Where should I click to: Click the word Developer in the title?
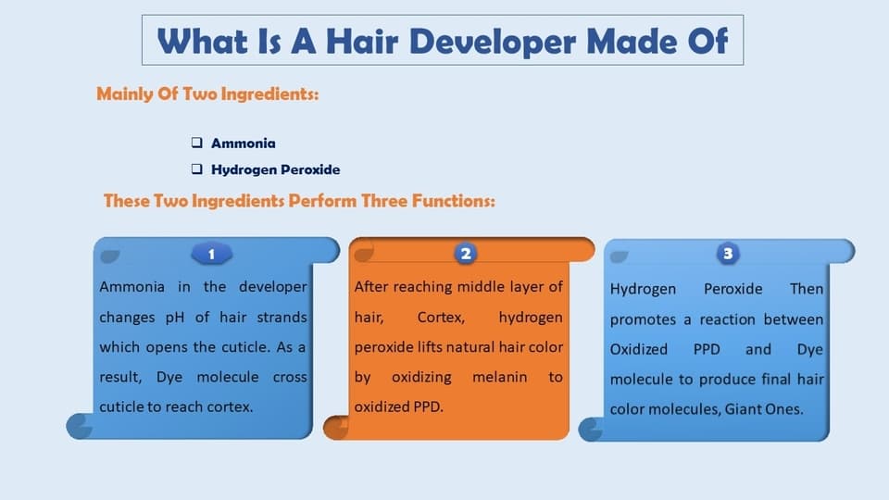pyautogui.click(x=491, y=42)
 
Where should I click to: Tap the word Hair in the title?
pyautogui.click(x=361, y=42)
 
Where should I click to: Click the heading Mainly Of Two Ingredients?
pyautogui.click(x=207, y=94)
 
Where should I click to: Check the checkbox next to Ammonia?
pyautogui.click(x=196, y=143)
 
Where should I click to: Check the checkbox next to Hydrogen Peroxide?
pyautogui.click(x=196, y=169)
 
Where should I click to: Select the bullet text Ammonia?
pyautogui.click(x=244, y=143)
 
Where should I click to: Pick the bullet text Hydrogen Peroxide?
pyautogui.click(x=276, y=169)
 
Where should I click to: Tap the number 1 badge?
pyautogui.click(x=211, y=254)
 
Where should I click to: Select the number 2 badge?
pyautogui.click(x=466, y=254)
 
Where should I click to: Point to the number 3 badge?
pyautogui.click(x=728, y=254)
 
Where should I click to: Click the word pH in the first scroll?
pyautogui.click(x=175, y=318)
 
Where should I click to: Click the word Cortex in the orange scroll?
pyautogui.click(x=441, y=318)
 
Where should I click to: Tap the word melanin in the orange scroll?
pyautogui.click(x=499, y=377)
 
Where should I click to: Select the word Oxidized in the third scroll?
pyautogui.click(x=638, y=349)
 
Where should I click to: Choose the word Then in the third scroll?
pyautogui.click(x=807, y=289)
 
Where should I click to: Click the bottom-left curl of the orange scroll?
pyautogui.click(x=336, y=427)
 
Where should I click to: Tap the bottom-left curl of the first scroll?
pyautogui.click(x=80, y=426)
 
